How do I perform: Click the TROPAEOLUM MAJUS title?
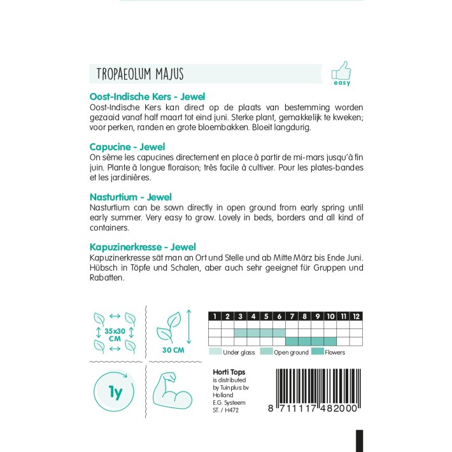[140, 74]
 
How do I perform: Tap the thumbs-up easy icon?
[341, 69]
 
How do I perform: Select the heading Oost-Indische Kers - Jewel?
[147, 97]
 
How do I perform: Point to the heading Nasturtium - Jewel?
[131, 197]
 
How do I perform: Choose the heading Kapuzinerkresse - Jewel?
[143, 246]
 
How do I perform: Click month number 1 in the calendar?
[215, 316]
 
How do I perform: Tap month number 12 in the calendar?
[357, 316]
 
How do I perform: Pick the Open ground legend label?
[291, 352]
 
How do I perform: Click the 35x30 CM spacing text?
[115, 335]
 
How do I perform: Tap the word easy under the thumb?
[342, 83]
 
